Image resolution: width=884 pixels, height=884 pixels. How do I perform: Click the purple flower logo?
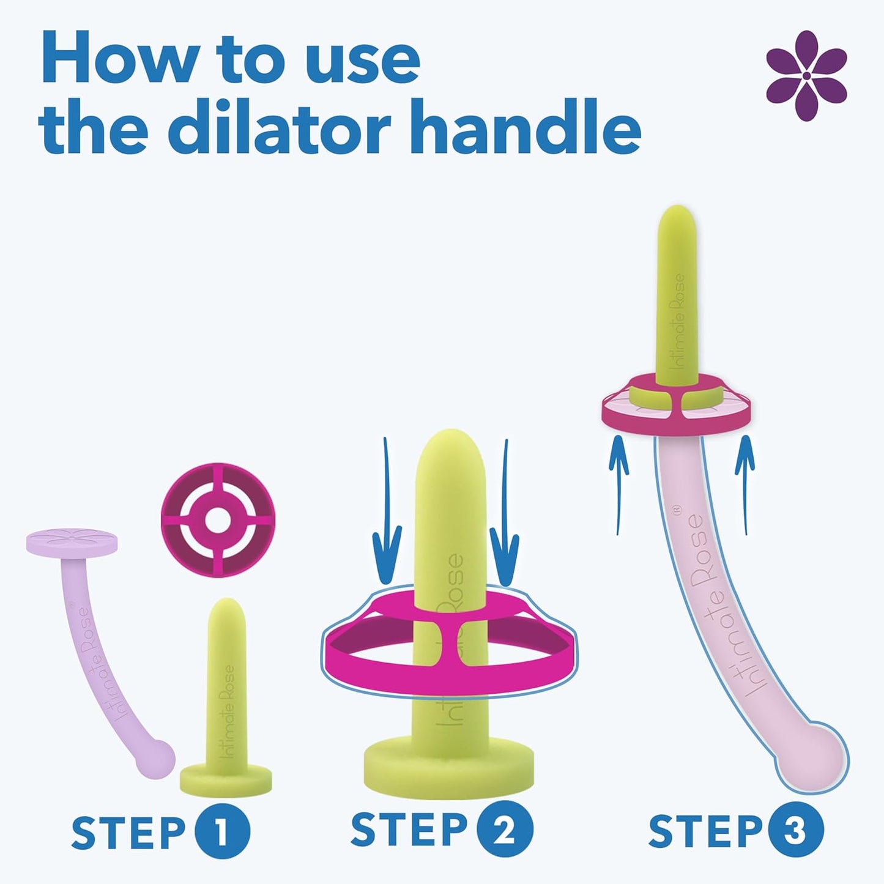pos(806,76)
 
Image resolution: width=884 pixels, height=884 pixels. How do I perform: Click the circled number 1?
pos(223,831)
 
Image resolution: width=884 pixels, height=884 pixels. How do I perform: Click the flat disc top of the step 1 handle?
pos(72,542)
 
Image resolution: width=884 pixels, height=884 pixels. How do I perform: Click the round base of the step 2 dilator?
pos(448,767)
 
